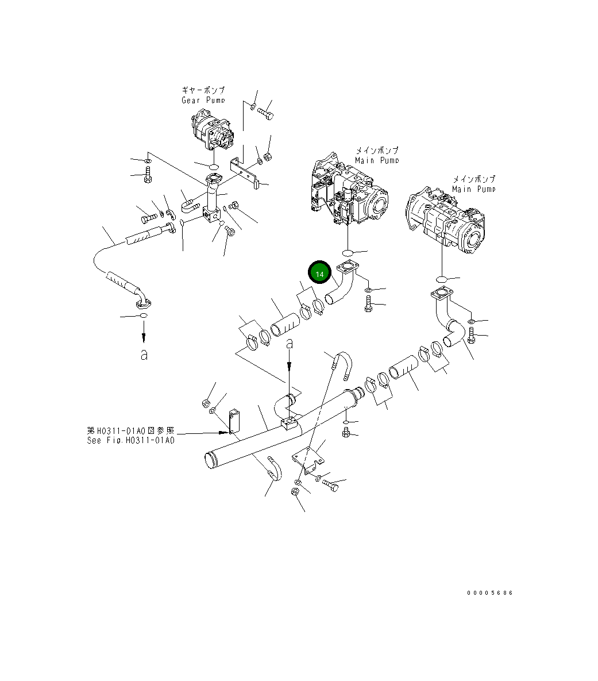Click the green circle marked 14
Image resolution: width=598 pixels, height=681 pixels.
coord(319,274)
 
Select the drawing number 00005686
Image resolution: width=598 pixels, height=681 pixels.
coord(489,593)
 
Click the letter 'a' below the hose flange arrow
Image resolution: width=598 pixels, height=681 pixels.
coord(144,355)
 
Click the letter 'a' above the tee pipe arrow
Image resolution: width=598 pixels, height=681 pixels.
coord(290,344)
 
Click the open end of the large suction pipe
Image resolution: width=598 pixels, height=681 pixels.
coord(211,460)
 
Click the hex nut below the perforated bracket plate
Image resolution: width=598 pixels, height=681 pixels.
coord(294,492)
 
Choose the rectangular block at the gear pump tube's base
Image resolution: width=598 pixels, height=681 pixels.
coord(211,217)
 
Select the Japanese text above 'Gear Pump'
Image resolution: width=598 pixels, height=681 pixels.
coord(203,91)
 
